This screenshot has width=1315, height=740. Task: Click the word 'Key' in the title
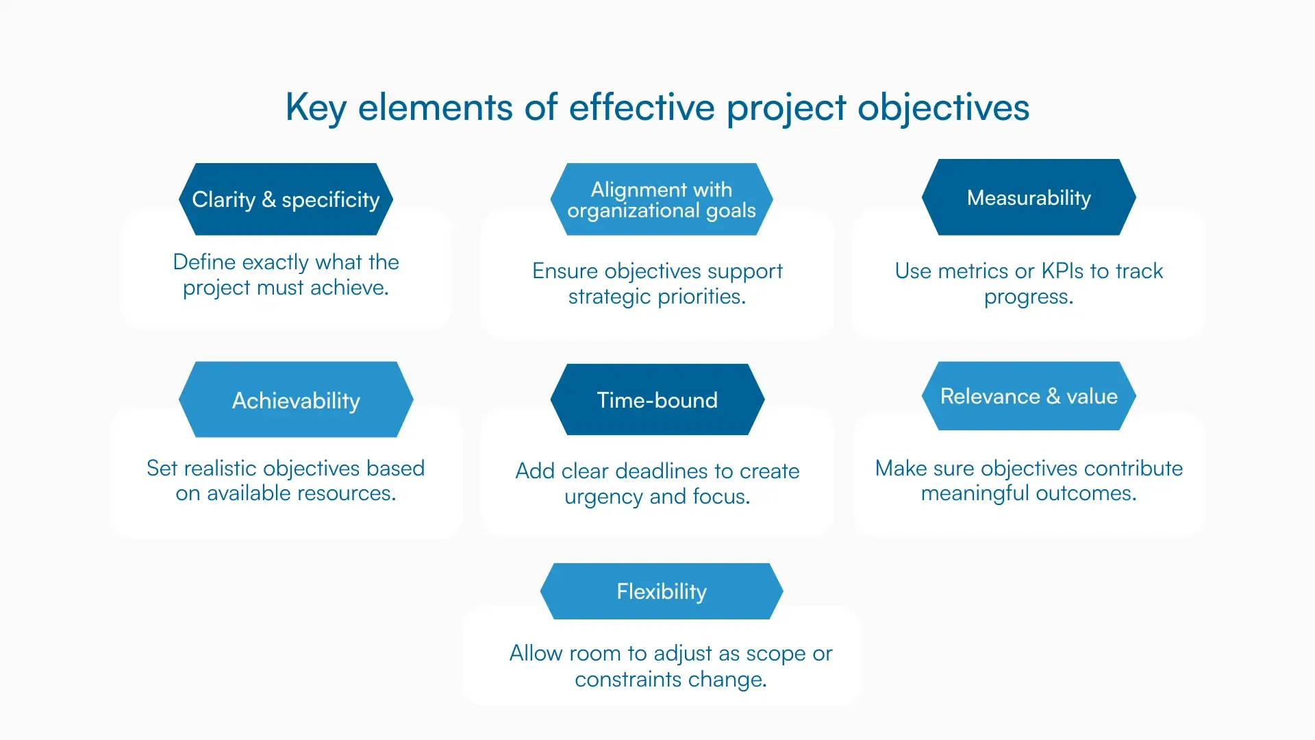[315, 108]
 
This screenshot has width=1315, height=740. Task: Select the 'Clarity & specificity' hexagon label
[286, 199]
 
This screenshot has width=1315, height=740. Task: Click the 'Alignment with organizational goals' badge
[662, 199]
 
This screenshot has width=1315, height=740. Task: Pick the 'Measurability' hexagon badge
[1029, 198]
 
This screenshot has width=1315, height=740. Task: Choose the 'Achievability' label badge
[296, 400]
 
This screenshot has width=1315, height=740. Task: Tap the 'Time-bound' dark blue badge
[657, 400]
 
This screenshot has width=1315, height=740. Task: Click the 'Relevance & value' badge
[1029, 396]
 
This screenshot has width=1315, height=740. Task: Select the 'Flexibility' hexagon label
[662, 591]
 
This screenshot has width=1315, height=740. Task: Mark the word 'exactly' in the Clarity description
[275, 262]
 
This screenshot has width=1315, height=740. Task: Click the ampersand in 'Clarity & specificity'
[268, 199]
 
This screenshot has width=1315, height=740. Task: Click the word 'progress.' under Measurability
[1029, 297]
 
